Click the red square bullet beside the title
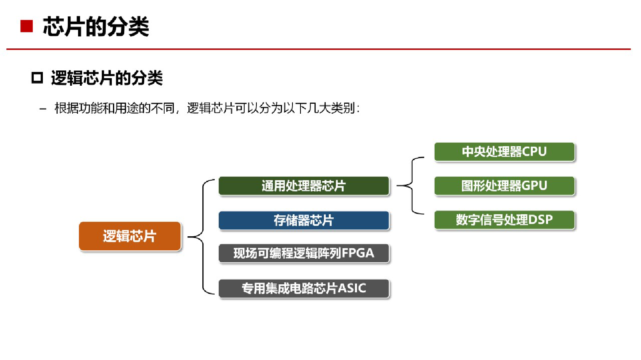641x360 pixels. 26,26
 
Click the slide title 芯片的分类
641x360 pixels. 96,27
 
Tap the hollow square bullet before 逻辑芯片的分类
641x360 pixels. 37,77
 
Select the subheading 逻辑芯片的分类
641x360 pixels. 107,78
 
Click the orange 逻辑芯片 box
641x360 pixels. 130,236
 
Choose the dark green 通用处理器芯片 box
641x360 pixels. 304,186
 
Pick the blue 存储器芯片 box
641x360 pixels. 304,220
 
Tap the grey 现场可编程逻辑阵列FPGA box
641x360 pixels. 304,253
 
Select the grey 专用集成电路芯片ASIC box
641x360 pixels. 304,288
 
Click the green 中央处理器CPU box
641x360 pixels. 504,152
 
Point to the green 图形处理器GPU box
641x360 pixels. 504,186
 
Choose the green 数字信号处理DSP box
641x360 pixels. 504,220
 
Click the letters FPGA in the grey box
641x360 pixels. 358,253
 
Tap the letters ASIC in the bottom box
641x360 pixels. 352,288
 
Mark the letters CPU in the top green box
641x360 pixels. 534,152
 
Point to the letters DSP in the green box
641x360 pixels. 540,220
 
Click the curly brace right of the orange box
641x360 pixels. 203,237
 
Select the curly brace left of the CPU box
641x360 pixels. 412,185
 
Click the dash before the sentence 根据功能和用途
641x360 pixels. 43,109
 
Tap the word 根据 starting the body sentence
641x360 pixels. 67,108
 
